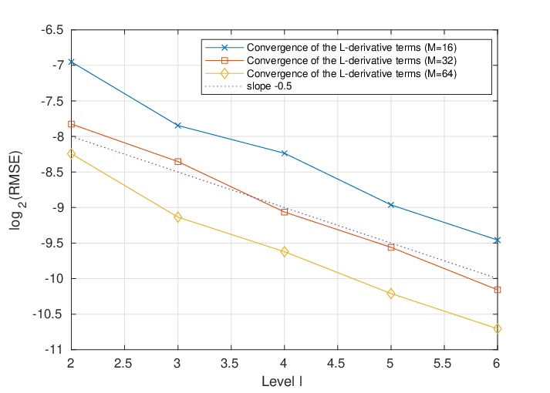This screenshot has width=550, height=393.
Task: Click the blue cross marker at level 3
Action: [x=178, y=126]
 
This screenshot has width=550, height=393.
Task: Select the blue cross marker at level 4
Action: [x=284, y=153]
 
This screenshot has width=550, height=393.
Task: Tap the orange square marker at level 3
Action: [x=178, y=162]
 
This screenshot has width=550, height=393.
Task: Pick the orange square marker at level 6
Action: [x=497, y=290]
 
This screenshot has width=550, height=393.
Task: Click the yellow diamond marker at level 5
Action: [x=391, y=294]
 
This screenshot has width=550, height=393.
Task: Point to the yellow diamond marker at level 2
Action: [x=71, y=154]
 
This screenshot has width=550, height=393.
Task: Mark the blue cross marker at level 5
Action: [x=391, y=204]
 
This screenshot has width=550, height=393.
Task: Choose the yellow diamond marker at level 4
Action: [x=284, y=251]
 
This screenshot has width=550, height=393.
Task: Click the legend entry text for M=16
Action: [x=352, y=47]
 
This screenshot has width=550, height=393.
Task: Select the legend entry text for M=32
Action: [x=352, y=61]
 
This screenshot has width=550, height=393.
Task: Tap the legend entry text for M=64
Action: [x=352, y=73]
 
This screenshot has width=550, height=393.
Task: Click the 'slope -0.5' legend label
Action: [x=269, y=86]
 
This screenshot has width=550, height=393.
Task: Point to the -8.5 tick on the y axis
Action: [x=52, y=172]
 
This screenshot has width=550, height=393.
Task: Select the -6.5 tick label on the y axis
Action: [x=52, y=30]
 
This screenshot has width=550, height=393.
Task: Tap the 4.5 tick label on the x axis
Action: [x=336, y=364]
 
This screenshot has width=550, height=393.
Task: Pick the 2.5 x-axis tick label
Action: [x=123, y=364]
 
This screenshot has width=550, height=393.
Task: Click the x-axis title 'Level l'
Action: [x=282, y=381]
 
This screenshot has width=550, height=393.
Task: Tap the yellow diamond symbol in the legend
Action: [x=224, y=73]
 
